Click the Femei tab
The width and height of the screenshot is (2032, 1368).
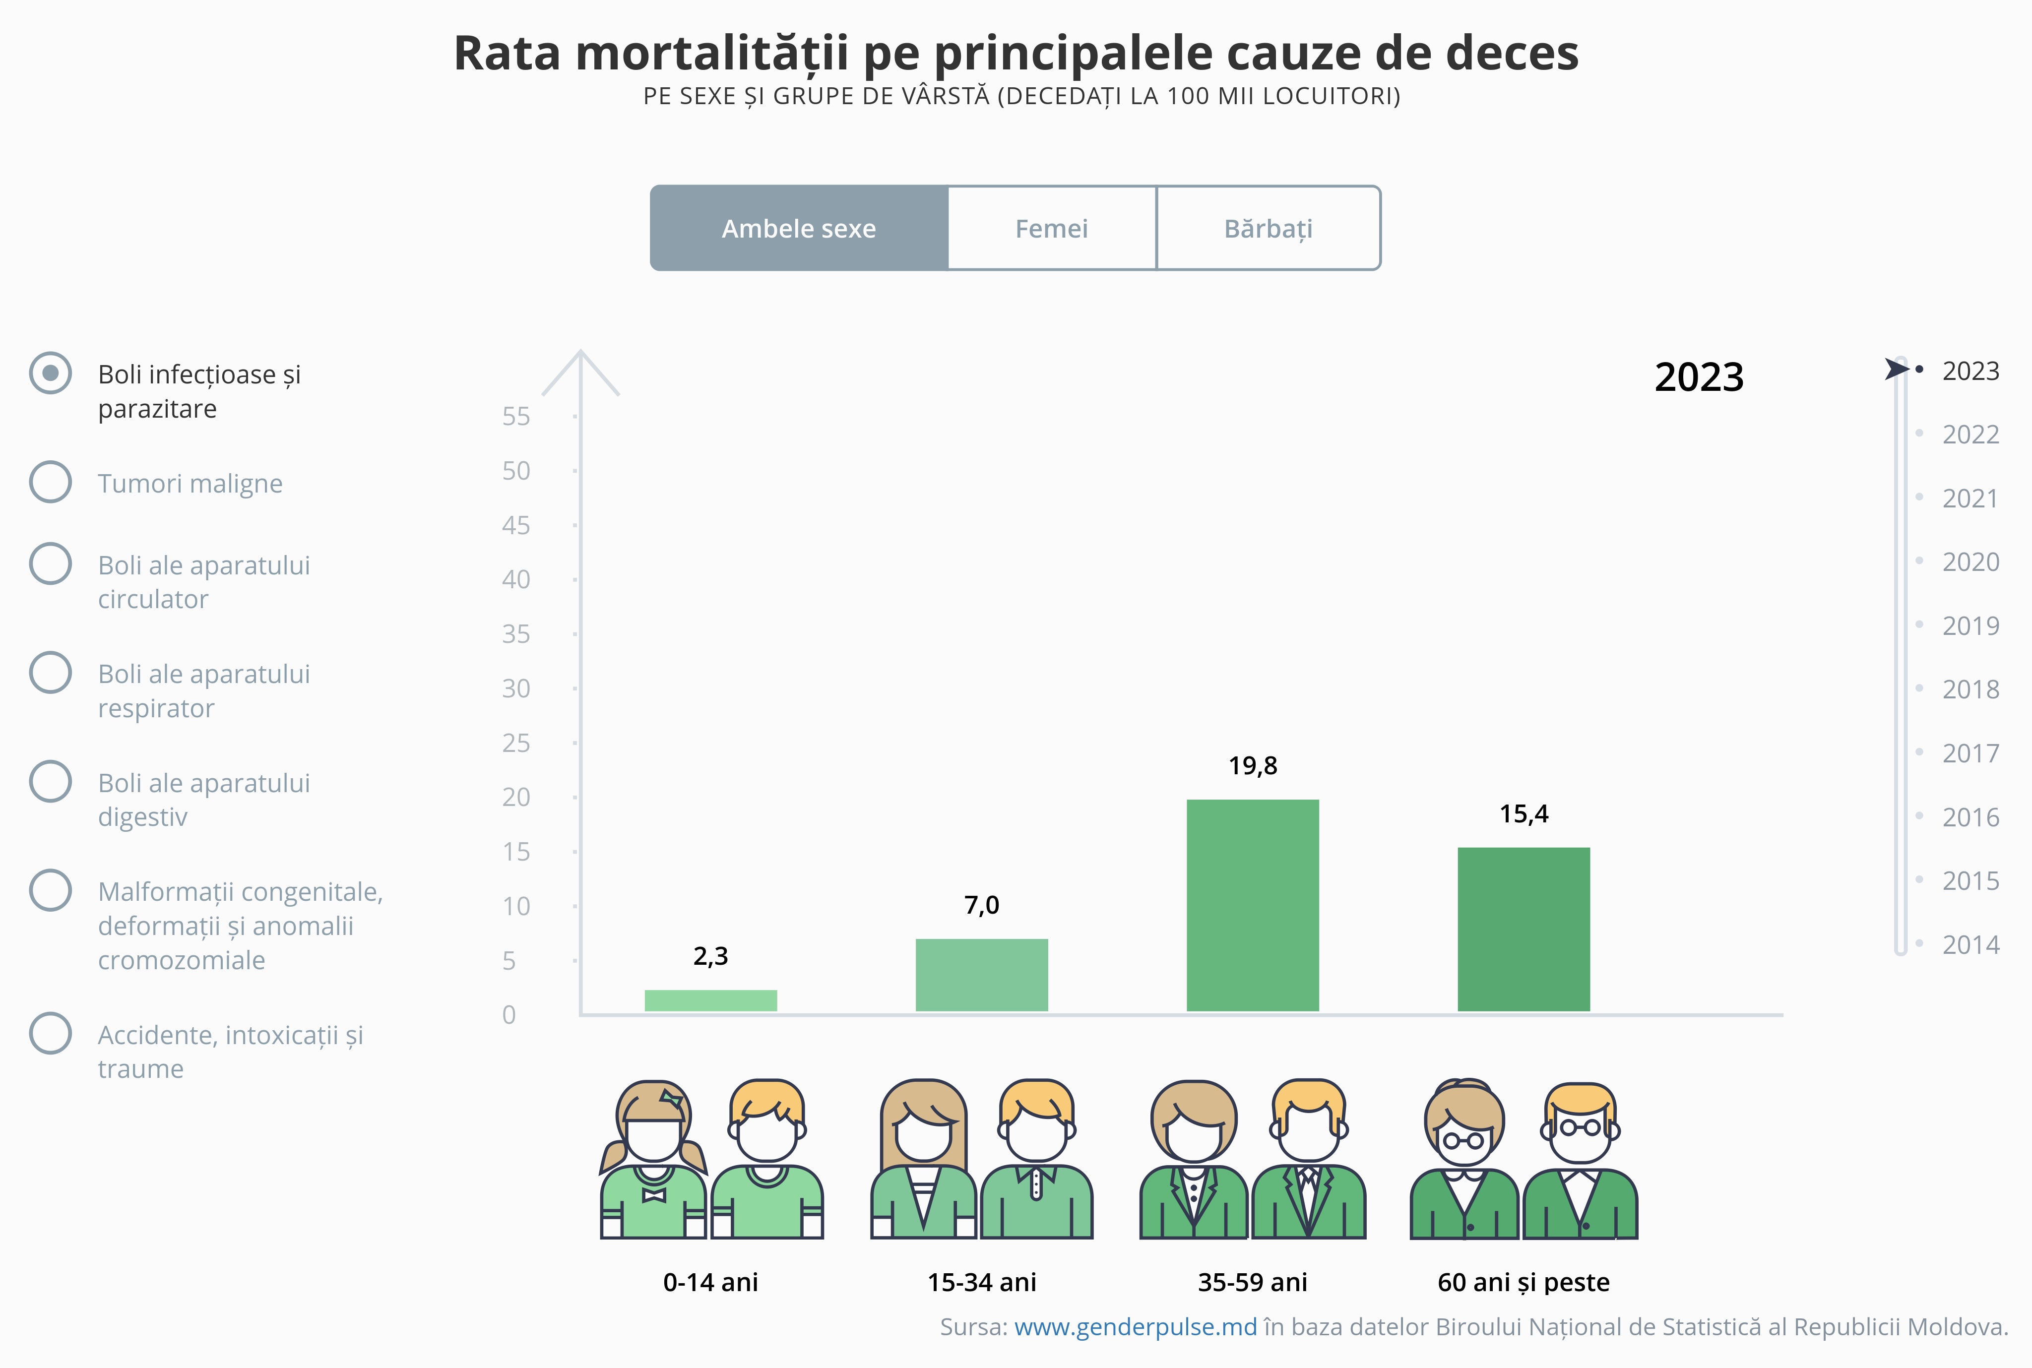tap(1051, 229)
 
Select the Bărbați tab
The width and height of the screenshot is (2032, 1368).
tap(1268, 229)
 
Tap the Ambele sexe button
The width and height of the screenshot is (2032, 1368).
tap(798, 229)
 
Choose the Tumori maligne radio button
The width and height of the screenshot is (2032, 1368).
tap(51, 482)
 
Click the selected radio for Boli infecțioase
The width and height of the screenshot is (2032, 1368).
tap(51, 373)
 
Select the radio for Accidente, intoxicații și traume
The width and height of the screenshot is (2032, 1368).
tap(51, 1033)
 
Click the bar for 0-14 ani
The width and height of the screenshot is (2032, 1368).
tap(710, 1000)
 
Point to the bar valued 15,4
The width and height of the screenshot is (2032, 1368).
tap(1524, 929)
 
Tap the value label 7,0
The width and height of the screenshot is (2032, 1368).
tap(982, 906)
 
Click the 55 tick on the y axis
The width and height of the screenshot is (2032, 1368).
tap(515, 417)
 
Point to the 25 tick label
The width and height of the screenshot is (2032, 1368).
tap(515, 744)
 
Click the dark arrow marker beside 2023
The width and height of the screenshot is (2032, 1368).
tap(1895, 369)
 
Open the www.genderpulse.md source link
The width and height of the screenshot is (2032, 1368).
tap(1135, 1327)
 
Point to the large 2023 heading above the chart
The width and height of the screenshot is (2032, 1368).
tap(1699, 378)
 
